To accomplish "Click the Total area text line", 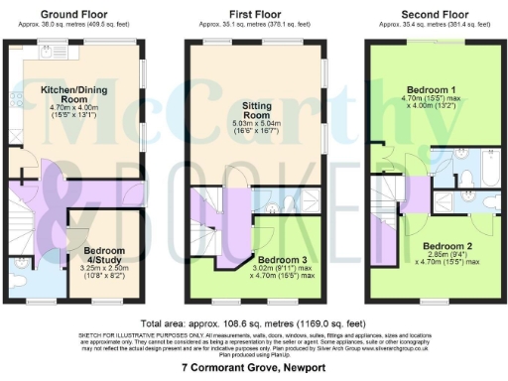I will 254,323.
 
